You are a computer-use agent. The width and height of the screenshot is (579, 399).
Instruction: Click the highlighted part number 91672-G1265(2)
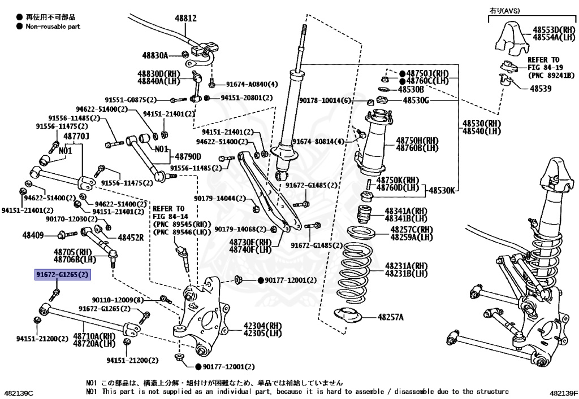[63, 275]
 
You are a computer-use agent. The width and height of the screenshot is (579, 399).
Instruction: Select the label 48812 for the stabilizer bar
[185, 18]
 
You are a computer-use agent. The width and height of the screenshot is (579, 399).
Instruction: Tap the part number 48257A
[391, 317]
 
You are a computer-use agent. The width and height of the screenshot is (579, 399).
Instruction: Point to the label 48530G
[416, 100]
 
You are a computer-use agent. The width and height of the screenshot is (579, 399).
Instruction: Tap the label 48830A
[155, 55]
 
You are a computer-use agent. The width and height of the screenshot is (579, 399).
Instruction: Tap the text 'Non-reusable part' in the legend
[53, 27]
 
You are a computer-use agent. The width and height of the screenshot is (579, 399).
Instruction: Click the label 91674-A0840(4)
[252, 84]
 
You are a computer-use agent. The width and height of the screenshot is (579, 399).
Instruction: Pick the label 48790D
[188, 156]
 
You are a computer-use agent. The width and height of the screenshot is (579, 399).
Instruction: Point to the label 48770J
[76, 136]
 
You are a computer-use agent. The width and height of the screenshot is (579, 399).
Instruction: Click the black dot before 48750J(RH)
[402, 74]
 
